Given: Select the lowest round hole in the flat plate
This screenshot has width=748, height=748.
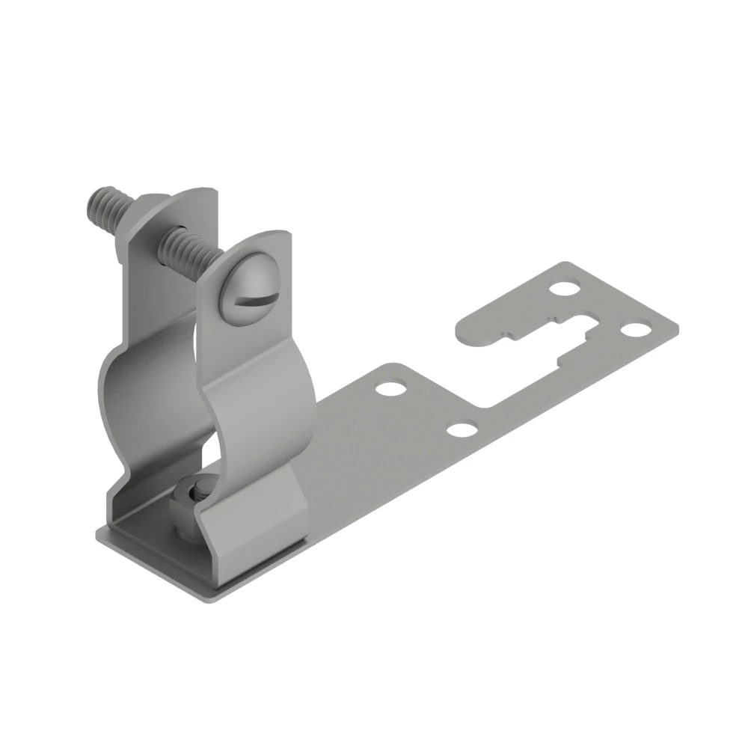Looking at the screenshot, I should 461,429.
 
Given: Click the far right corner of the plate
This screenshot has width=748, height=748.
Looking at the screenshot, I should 677,327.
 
